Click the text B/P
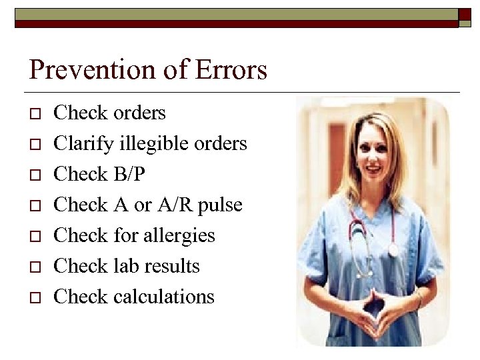(127, 174)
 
